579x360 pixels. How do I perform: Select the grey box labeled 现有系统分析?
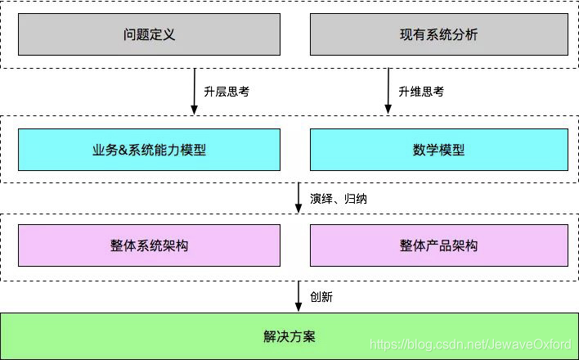438,35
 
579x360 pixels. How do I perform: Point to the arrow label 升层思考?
226,92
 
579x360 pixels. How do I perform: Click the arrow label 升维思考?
420,92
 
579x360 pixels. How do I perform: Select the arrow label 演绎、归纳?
337,198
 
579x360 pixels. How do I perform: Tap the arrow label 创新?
321,296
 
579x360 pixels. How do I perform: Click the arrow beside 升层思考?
195,92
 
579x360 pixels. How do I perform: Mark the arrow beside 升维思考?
388,92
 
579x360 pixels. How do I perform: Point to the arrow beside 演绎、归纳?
298,198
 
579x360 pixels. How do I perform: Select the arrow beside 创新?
298,296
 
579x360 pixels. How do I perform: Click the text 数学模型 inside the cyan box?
438,151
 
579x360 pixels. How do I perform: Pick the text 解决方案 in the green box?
289,336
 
